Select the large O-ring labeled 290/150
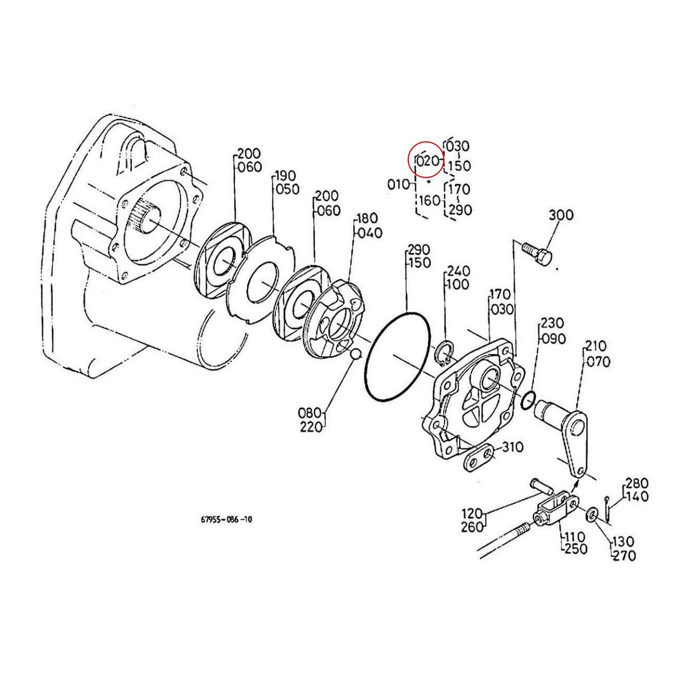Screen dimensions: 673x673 (398, 354)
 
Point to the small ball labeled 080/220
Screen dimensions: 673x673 (354, 354)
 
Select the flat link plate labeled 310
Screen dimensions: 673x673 (478, 458)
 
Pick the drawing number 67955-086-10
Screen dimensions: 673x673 (227, 519)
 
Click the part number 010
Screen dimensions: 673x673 (399, 183)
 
